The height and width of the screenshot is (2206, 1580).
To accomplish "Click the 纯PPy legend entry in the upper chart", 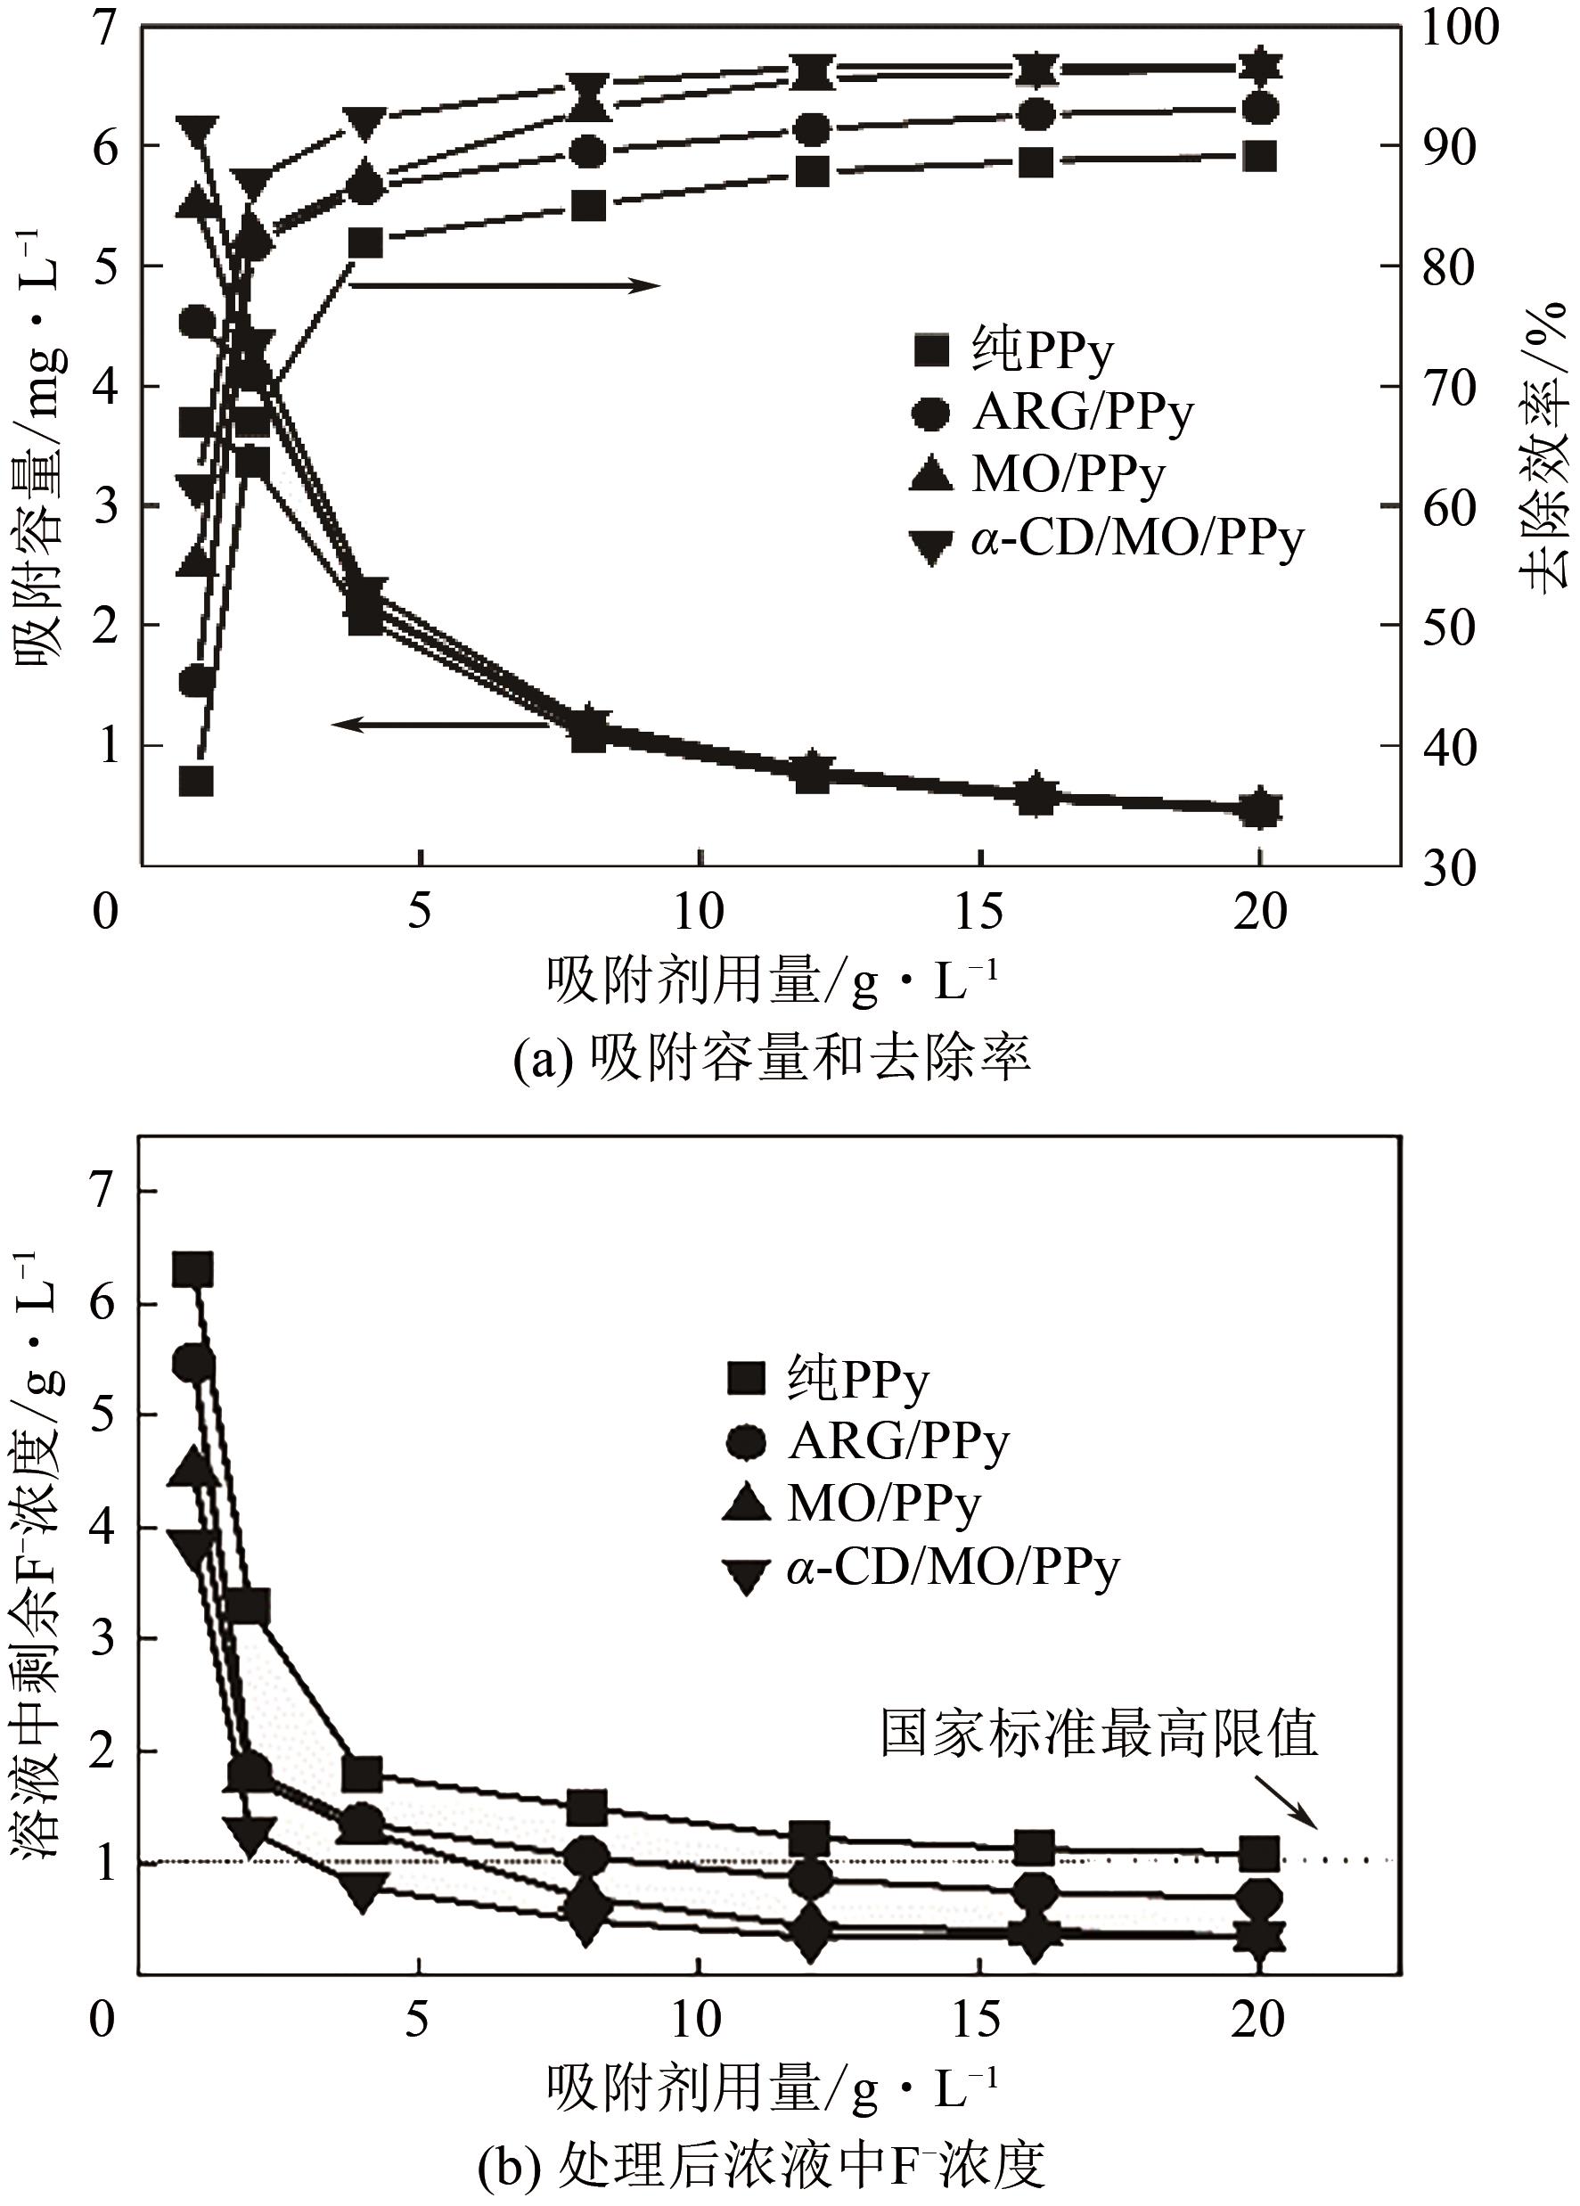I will coord(1011,351).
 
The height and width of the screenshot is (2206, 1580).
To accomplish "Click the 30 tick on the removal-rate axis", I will coord(1449,866).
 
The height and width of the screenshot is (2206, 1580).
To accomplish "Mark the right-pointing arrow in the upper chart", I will coord(505,285).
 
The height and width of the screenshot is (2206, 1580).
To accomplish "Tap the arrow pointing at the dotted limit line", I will coord(1283,1800).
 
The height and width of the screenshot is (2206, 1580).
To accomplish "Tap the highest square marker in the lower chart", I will coord(192,1269).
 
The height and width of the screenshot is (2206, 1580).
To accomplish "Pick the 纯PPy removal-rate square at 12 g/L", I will coord(811,172).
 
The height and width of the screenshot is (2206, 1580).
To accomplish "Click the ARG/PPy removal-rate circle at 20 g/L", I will coord(1260,108).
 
